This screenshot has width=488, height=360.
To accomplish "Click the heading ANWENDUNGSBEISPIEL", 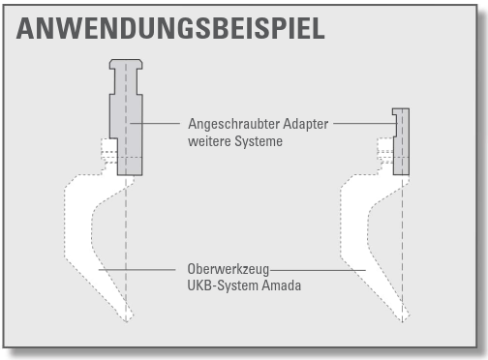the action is tap(170, 28).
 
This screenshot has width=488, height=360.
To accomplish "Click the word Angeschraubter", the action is tap(234, 124).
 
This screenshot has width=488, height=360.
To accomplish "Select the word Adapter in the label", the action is tap(306, 124).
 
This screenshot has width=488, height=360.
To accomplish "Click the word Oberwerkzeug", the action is tap(229, 269).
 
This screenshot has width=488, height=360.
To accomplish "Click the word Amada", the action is tap(281, 285).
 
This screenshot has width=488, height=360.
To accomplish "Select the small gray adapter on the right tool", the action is tap(401, 141).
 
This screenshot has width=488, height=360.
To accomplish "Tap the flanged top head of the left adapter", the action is tap(126, 64).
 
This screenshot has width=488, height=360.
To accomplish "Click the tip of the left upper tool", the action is tap(126, 321).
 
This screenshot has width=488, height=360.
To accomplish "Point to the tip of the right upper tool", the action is tap(402, 321).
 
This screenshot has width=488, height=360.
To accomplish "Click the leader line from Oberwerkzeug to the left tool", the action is tap(137, 269).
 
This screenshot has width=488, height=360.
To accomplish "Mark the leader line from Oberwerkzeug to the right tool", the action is tap(318, 270).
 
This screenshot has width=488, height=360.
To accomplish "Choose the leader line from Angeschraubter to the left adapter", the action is tap(155, 123).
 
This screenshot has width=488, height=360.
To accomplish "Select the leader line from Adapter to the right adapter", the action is tap(365, 123).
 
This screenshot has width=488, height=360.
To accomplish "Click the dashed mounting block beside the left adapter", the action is tap(109, 155).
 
